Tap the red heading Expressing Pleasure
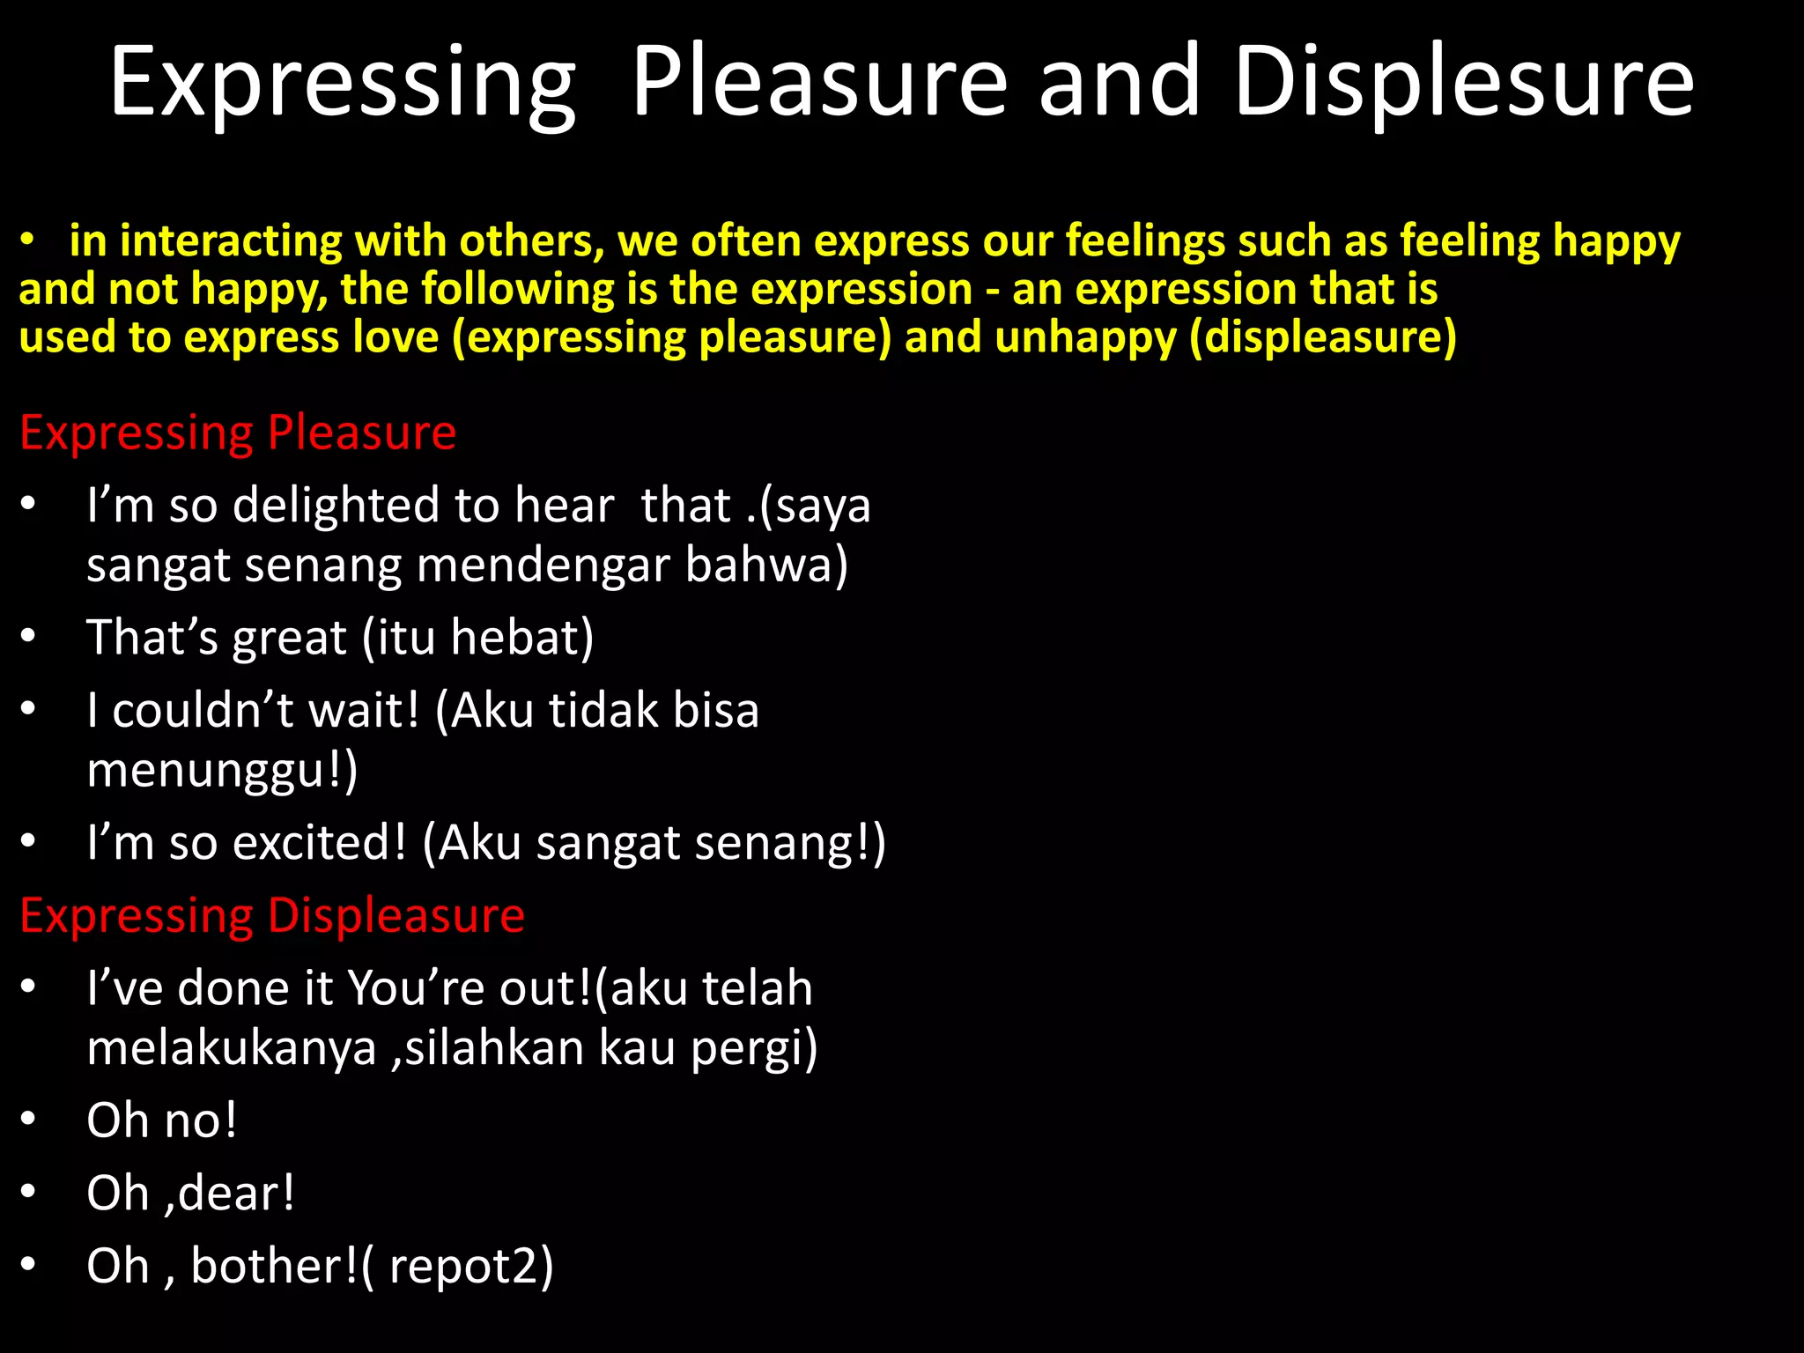[x=238, y=433]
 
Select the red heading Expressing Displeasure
[x=272, y=915]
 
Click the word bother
[x=272, y=1266]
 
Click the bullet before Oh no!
[x=29, y=1119]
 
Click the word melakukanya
[x=232, y=1048]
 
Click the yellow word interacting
[x=229, y=241]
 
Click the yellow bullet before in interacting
[x=29, y=240]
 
